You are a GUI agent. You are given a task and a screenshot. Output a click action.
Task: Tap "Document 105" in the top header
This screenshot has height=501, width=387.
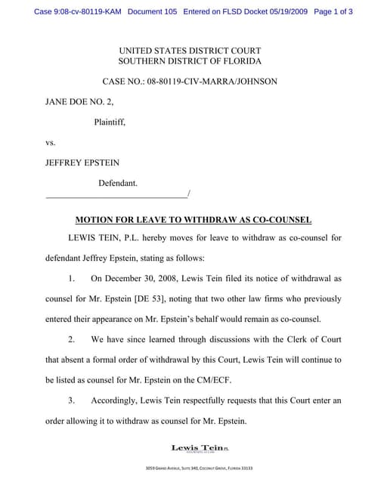coord(153,12)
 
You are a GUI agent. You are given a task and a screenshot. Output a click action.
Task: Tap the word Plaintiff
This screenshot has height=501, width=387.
coord(110,122)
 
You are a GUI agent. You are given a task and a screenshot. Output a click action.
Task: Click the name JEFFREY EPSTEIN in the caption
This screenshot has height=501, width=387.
coord(82,162)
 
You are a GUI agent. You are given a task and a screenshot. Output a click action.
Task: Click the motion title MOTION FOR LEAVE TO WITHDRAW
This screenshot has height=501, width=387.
coord(193,220)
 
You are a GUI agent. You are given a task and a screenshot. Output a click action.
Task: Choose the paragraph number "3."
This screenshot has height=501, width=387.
coord(73,399)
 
